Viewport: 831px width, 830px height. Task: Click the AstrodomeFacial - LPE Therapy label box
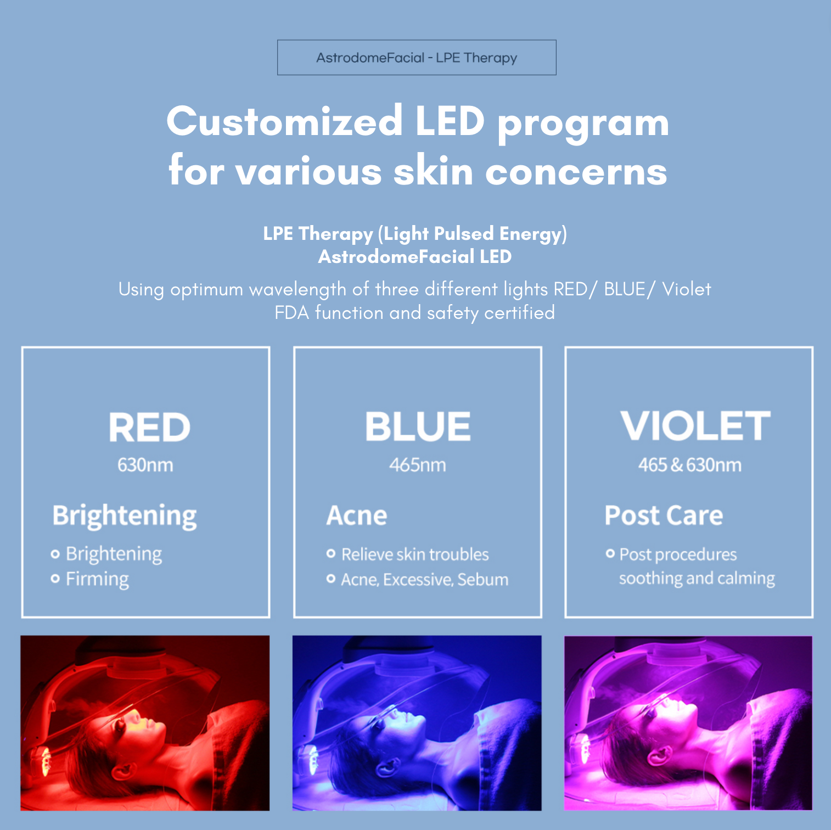[417, 58]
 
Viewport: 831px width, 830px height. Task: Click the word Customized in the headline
[284, 121]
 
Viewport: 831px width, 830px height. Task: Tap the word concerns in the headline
[576, 171]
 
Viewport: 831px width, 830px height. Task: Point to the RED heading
[149, 427]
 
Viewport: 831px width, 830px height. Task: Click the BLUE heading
[418, 427]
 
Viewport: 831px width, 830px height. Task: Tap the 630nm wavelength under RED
[145, 465]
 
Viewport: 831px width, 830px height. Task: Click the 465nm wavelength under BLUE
[417, 465]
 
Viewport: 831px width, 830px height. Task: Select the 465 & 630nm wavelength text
[689, 465]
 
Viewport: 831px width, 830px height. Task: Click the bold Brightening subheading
[125, 515]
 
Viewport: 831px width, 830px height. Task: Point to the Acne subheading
[357, 515]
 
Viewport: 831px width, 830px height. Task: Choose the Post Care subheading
[664, 515]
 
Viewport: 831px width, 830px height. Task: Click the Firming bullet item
[97, 579]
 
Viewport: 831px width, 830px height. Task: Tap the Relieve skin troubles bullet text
[415, 554]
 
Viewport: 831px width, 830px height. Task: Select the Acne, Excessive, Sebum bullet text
[424, 580]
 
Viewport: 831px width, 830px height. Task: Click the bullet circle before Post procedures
[610, 553]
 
